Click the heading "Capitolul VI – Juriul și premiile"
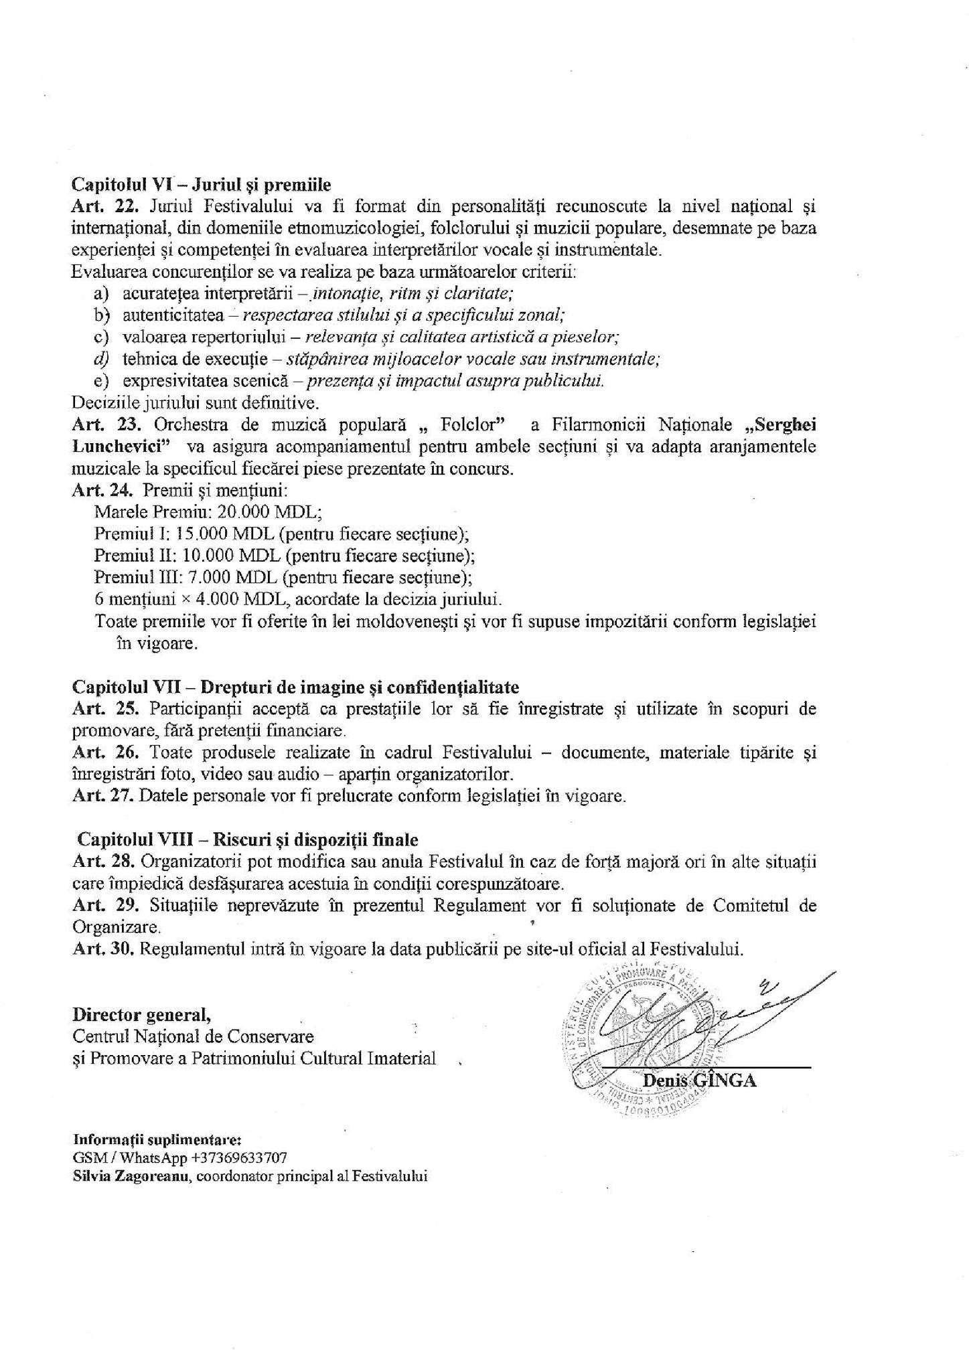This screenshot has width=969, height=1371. [x=202, y=183]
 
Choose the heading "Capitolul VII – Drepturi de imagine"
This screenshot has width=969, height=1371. [x=295, y=688]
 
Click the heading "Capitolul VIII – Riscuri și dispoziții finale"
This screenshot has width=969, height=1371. [x=247, y=839]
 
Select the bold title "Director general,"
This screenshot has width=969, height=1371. [x=142, y=1015]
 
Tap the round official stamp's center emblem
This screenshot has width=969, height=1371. [x=643, y=1034]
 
